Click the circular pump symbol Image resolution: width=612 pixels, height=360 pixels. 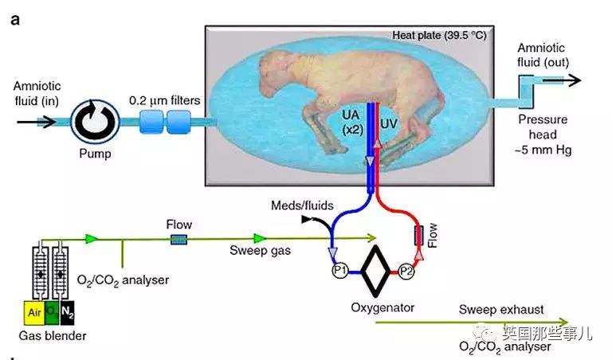pos(95,121)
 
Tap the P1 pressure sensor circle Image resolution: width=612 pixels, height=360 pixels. pos(340,270)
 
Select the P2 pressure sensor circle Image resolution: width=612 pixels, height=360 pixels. pos(406,271)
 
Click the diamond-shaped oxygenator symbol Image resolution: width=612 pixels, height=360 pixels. pos(375,271)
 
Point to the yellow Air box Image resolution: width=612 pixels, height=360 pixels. pos(35,312)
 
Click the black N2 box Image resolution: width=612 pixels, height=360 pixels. pos(67,312)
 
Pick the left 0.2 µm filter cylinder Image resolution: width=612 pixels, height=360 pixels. pos(151,122)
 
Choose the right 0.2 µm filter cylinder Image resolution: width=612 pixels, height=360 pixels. pos(178,122)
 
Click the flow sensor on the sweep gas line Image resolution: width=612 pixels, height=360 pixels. pos(178,239)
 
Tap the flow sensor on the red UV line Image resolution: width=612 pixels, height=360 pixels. pos(419,236)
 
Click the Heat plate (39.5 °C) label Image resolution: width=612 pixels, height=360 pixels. pos(439,36)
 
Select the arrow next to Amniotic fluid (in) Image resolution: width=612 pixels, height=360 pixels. pos(37,122)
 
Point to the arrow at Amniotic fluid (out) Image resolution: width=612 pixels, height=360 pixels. pos(562,80)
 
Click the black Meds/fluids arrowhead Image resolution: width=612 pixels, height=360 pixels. pos(306,220)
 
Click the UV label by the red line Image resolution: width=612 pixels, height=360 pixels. pos(389,124)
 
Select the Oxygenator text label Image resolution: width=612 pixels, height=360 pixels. pos(382,307)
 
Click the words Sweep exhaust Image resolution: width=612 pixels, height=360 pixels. pos(501,309)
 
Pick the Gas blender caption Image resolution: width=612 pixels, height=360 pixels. pos(53,335)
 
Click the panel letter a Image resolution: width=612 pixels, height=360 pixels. pos(15,19)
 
